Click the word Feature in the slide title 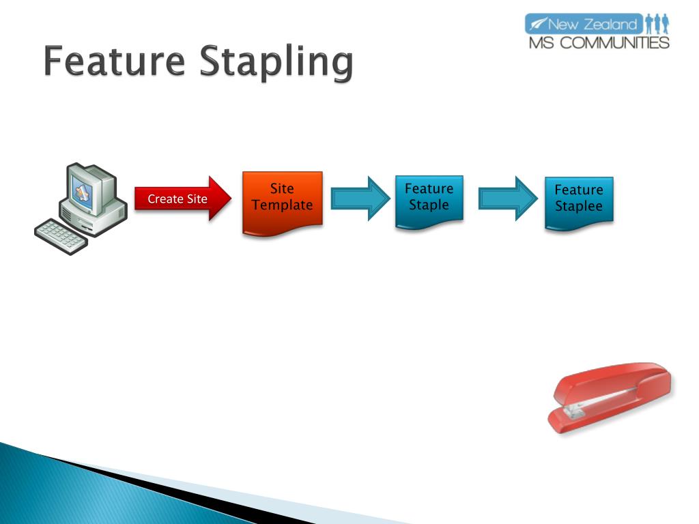pos(114,63)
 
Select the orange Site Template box pos(282,201)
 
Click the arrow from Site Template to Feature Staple pos(360,199)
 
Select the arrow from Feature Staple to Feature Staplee pos(508,199)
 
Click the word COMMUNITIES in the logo pos(619,42)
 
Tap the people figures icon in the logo pos(657,25)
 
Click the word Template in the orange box pos(282,205)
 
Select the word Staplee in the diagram pos(579,206)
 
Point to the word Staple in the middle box pos(429,205)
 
